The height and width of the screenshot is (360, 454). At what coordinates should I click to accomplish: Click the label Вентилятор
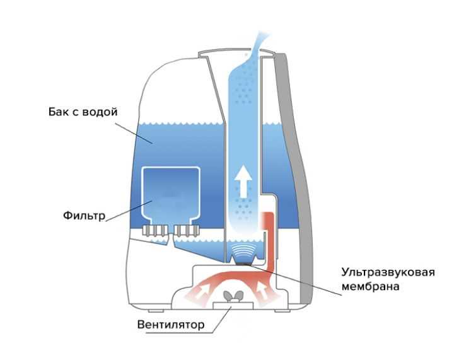[170, 325]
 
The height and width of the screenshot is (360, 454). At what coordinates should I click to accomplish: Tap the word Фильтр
[84, 215]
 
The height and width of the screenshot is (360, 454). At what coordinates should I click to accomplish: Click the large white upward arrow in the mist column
[242, 183]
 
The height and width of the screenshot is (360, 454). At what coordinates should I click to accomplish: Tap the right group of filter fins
[187, 230]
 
